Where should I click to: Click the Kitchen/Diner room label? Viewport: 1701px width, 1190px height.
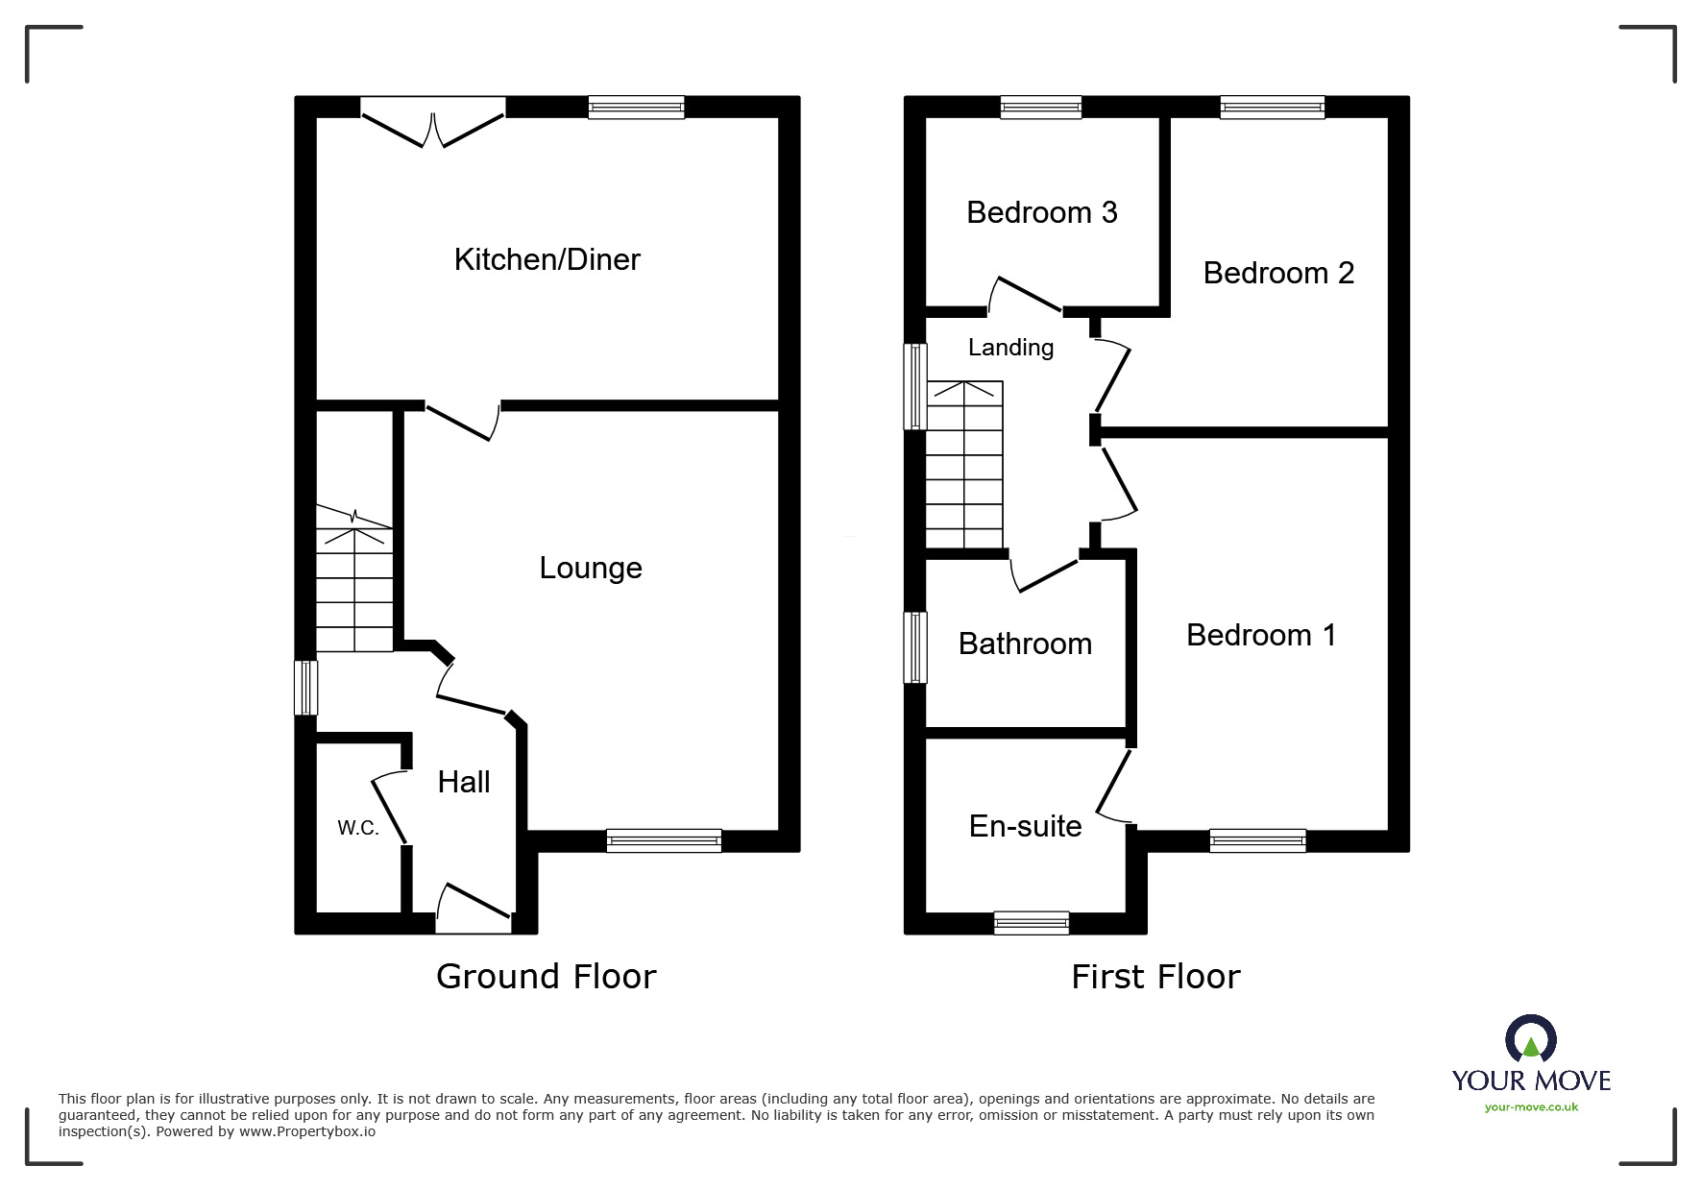point(547,259)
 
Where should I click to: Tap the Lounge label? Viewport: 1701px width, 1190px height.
point(590,568)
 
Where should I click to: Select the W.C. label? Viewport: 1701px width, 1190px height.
point(358,828)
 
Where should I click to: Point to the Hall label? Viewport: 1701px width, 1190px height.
point(464,782)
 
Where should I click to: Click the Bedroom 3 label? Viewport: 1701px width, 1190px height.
point(1041,212)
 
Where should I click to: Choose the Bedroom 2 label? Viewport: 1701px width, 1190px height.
point(1277,273)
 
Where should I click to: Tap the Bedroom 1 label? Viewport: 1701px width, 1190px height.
point(1260,635)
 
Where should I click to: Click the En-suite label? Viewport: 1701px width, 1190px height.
point(1025,826)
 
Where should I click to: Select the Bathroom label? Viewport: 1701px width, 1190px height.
point(1025,644)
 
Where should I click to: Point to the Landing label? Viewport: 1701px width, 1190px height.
point(1010,347)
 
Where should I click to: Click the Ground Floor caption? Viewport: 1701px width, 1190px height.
point(546,977)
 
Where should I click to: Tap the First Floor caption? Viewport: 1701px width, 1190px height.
point(1155,978)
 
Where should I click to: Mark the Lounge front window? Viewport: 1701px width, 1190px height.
point(664,841)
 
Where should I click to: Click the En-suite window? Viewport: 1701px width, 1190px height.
point(1032,923)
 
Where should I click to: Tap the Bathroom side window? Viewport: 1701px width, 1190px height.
point(916,647)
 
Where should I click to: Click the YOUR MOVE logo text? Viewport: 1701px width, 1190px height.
point(1531,1081)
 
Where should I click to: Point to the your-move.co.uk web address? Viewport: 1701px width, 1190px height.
point(1531,1107)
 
